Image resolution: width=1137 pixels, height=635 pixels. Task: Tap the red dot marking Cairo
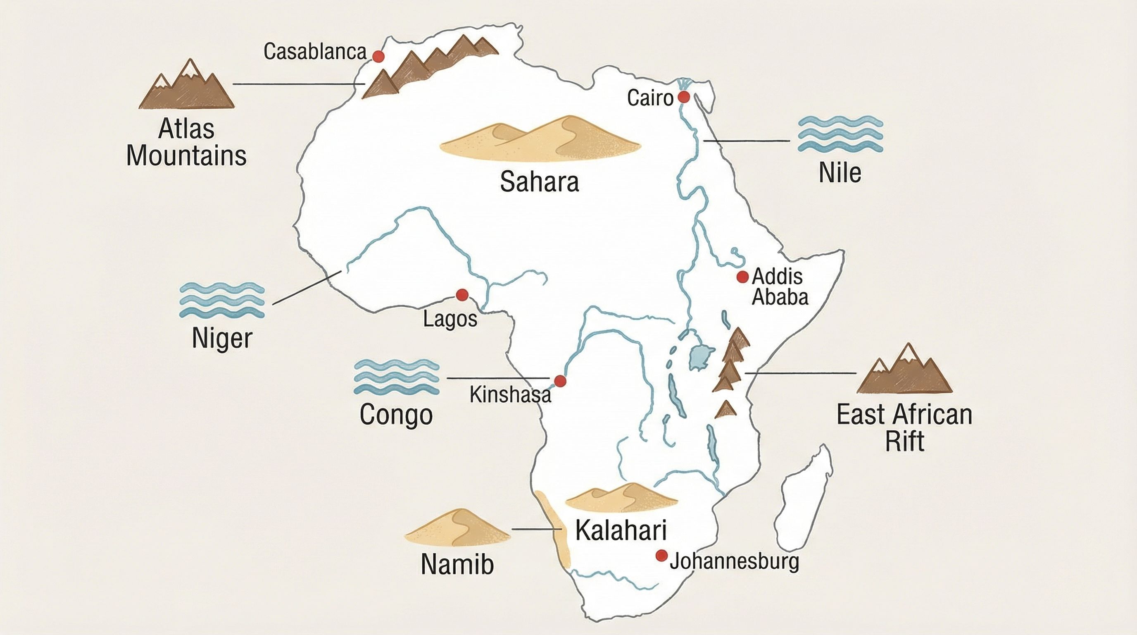(684, 97)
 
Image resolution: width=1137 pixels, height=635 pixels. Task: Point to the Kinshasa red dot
(560, 381)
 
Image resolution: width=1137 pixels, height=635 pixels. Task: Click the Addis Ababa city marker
(743, 277)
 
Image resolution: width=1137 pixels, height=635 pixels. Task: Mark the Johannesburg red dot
(661, 556)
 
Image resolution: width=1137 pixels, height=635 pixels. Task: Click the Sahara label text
(539, 182)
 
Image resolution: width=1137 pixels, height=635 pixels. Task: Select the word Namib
(457, 564)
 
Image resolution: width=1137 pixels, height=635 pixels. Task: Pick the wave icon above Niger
(222, 300)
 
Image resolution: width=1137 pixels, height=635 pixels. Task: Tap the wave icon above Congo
(396, 377)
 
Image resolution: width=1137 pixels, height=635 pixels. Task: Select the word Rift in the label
(904, 441)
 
